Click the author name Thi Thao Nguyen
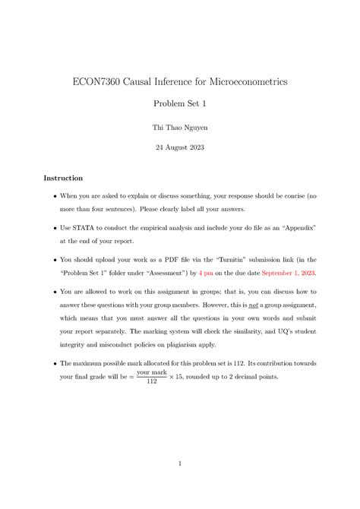coord(180,129)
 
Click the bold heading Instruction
coord(63,178)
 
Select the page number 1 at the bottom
coord(180,463)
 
